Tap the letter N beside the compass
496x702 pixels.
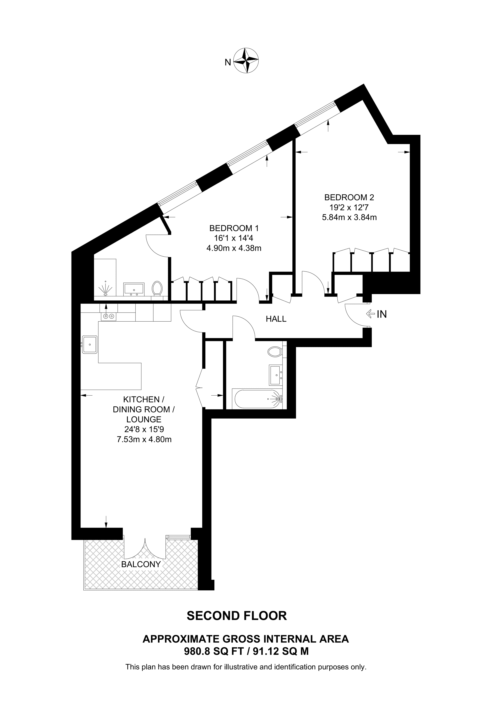point(228,63)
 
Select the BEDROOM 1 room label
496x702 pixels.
point(234,228)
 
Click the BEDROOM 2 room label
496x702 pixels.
point(349,197)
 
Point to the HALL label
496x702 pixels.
point(276,319)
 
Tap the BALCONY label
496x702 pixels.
point(141,564)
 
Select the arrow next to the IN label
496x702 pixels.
point(370,314)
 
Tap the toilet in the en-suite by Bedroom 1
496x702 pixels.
point(157,288)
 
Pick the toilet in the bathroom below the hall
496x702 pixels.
point(274,351)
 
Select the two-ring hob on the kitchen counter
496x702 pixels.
point(108,316)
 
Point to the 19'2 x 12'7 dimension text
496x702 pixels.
point(349,207)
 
